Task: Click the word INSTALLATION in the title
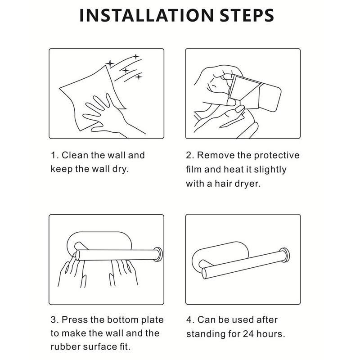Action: point(147,15)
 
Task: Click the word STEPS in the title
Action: point(247,15)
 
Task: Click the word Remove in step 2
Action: point(216,155)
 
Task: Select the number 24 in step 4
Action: point(248,334)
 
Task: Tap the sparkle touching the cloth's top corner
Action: point(110,63)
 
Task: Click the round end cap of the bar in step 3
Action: point(158,254)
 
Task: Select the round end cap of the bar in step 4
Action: point(285,255)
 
